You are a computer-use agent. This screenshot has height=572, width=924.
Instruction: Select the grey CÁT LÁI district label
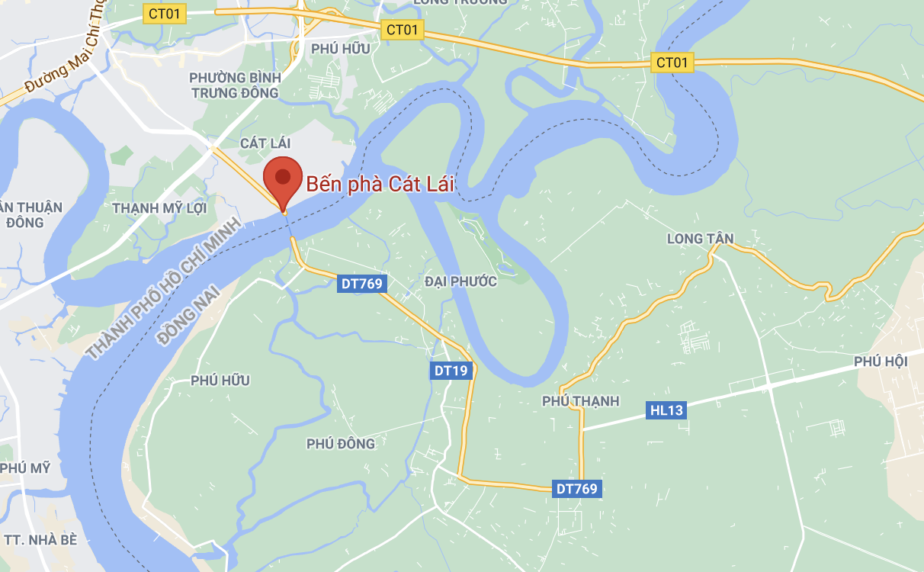(265, 143)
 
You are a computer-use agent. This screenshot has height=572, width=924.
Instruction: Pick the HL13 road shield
(666, 410)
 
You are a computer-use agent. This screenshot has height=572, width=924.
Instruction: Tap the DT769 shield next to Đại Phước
(363, 284)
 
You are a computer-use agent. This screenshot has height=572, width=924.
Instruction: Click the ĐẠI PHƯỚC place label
(461, 281)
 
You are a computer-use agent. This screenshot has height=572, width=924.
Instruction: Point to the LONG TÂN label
(700, 239)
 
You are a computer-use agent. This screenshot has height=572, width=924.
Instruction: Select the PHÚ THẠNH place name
(581, 401)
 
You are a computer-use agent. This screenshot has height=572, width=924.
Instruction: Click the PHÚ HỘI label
(881, 361)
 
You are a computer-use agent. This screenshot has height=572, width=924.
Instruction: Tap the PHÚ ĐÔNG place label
(341, 444)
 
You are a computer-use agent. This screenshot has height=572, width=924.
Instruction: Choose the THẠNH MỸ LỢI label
(159, 207)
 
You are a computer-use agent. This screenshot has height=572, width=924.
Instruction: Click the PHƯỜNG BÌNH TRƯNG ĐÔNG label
(235, 85)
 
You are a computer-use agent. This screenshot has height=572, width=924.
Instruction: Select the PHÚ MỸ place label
(25, 468)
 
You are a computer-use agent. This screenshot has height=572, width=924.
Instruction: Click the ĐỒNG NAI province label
(188, 314)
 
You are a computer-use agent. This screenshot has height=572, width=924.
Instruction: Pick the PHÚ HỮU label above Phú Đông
(220, 381)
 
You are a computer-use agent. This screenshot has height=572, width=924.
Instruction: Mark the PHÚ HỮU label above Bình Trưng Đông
(341, 49)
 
